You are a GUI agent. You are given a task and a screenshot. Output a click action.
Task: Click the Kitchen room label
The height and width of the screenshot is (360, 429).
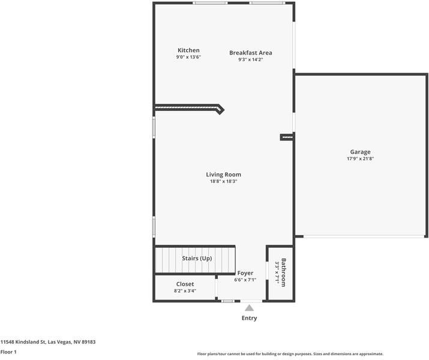[188, 50]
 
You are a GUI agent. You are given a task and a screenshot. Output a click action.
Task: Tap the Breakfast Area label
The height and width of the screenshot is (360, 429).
[250, 53]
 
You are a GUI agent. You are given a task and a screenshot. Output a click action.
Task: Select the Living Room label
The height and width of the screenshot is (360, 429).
[224, 175]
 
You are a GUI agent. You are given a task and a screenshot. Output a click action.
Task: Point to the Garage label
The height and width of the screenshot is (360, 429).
[360, 152]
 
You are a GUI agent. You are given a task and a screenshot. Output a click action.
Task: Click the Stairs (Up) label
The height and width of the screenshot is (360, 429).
[197, 259]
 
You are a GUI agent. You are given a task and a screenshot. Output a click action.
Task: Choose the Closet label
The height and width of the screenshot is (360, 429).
[185, 284]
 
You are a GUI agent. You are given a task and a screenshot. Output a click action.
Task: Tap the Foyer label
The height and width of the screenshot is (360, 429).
[245, 273]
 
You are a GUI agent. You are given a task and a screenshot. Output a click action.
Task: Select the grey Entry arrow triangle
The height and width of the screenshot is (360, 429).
[249, 308]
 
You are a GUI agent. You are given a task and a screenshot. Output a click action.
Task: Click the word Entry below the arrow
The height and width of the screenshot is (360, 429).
[249, 318]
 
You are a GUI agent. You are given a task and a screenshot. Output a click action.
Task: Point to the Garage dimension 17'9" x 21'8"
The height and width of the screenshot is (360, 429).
[360, 159]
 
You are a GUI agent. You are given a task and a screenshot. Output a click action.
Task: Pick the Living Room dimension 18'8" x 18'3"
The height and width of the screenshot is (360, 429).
[224, 181]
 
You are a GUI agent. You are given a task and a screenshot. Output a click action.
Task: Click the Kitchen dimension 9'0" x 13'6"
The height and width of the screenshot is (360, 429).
[188, 57]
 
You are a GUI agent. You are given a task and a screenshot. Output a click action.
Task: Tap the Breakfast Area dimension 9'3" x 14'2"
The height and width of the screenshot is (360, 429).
[250, 59]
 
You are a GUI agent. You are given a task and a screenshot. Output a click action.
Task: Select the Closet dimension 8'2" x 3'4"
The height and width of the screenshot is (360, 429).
[185, 291]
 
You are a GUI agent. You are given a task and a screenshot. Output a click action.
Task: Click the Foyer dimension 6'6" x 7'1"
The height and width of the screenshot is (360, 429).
[245, 280]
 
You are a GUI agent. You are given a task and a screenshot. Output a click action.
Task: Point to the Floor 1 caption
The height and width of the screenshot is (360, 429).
[8, 352]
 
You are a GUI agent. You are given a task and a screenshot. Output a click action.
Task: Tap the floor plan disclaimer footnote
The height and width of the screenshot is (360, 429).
[290, 354]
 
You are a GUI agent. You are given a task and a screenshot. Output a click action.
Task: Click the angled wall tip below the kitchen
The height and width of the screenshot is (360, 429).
[221, 109]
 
